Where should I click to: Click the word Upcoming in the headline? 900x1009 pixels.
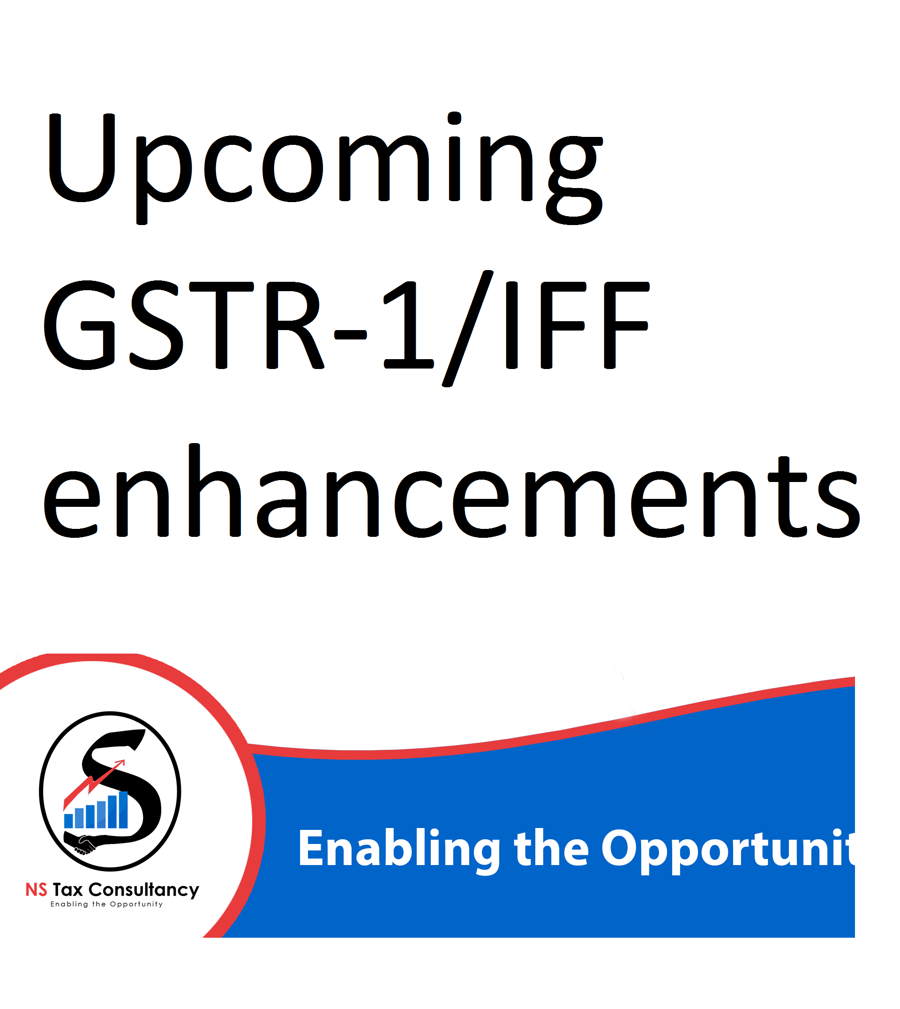[325, 168]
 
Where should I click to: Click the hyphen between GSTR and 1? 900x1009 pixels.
[351, 335]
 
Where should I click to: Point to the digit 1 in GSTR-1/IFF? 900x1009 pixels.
[409, 325]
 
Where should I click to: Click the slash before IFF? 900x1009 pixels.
[468, 328]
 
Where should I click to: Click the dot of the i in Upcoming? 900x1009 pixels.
[454, 119]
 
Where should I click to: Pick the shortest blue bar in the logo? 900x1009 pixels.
[69, 821]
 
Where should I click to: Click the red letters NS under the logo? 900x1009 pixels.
[36, 890]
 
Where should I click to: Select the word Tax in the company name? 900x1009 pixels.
[68, 890]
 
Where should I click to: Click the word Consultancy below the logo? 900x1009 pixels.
[144, 891]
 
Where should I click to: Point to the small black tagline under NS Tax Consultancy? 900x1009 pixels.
[106, 904]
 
